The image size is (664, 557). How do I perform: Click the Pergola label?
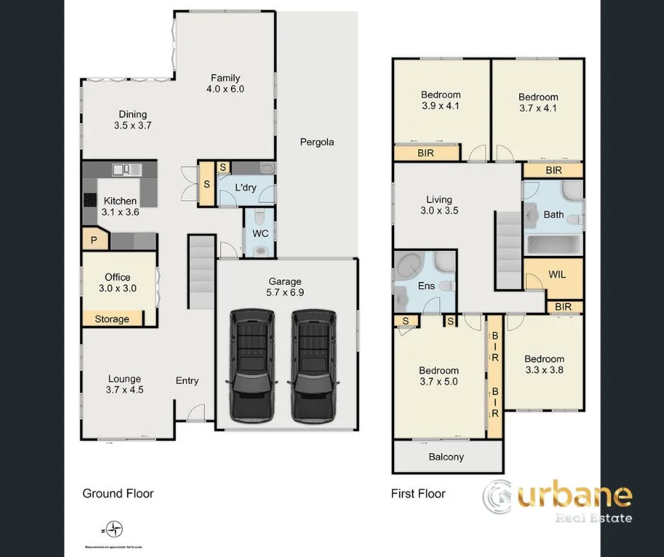[316, 142]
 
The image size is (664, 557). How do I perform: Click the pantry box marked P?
[94, 241]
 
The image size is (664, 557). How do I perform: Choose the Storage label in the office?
[112, 319]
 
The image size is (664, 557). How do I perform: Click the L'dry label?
[245, 187]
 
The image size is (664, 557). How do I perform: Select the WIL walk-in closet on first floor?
[557, 274]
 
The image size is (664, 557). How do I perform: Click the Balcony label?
[446, 457]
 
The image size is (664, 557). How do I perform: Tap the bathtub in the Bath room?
[553, 245]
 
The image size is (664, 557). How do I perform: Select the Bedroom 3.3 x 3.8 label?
[544, 364]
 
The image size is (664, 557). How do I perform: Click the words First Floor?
[418, 493]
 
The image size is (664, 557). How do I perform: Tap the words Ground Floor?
[118, 493]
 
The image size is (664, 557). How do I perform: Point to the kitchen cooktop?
[90, 200]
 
